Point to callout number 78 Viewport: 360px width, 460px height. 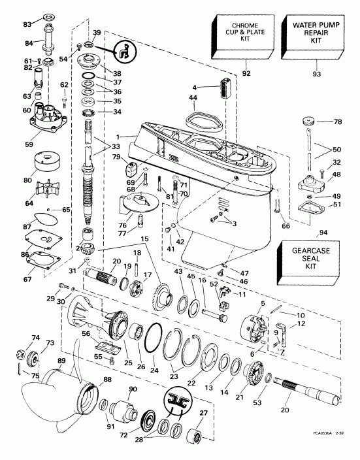coord(338,122)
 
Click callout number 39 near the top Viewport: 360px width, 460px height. coord(97,33)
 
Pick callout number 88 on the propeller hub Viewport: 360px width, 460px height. coord(90,380)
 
